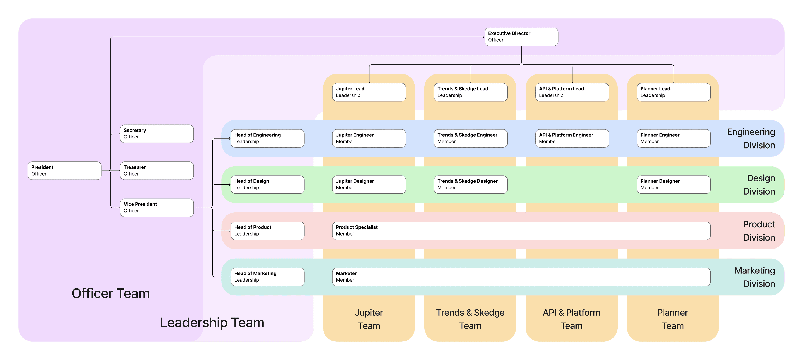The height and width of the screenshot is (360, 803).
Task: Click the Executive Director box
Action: [521, 37]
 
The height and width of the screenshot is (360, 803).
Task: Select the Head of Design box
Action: [267, 184]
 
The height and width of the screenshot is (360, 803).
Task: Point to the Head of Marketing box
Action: [267, 277]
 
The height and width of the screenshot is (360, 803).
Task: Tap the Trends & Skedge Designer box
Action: [470, 184]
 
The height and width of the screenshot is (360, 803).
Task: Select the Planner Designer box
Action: [673, 184]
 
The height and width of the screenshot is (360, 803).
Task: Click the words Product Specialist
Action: [356, 227]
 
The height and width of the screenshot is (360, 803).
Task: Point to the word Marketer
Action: [346, 273]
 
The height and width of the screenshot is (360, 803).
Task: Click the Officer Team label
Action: [110, 293]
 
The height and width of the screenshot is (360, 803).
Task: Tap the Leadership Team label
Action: [212, 323]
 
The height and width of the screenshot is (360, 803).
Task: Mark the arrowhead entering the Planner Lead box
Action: [674, 82]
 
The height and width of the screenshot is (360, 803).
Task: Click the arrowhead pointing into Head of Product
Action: [230, 231]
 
